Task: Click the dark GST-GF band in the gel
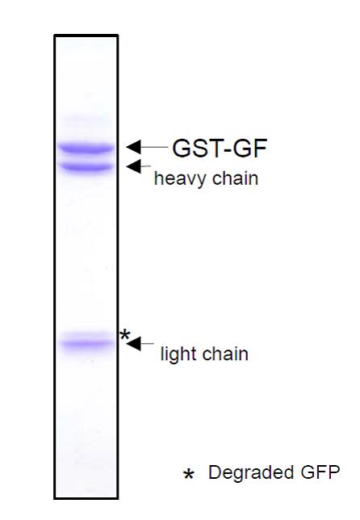tap(86, 148)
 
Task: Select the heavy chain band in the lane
tap(87, 166)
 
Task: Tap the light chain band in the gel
tap(87, 343)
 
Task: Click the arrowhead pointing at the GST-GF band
tap(134, 147)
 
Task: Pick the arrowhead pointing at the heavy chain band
tap(134, 166)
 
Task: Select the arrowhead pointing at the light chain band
tap(134, 344)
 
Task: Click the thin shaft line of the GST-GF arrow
tap(154, 147)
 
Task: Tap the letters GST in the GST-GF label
tap(196, 148)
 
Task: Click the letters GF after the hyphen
tap(249, 148)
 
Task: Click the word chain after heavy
tap(236, 178)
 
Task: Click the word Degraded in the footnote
tap(251, 473)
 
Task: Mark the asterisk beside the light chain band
tap(124, 334)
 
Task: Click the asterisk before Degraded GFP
tap(188, 474)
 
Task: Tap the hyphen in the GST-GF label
tap(226, 150)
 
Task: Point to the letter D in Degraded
tap(215, 472)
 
